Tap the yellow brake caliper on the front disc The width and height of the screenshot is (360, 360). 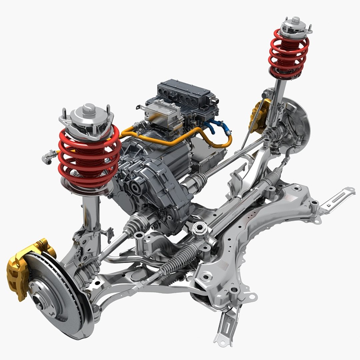25,266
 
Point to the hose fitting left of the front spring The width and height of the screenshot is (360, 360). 48,157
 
